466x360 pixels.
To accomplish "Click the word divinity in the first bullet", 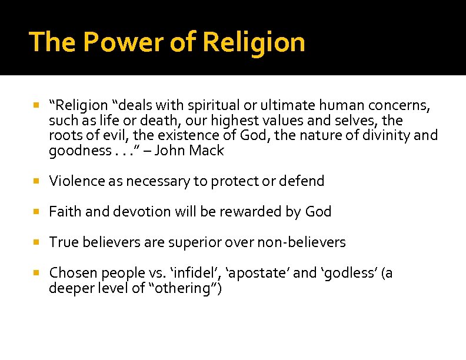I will (387, 135).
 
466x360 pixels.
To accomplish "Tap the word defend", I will (302, 181).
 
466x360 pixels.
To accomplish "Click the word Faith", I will (66, 211).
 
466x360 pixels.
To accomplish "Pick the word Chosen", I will (74, 273).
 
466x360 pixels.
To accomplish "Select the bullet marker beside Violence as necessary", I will (36, 181).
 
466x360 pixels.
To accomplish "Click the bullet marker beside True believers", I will (36, 242).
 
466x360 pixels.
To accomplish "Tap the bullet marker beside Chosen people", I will (36, 274).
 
